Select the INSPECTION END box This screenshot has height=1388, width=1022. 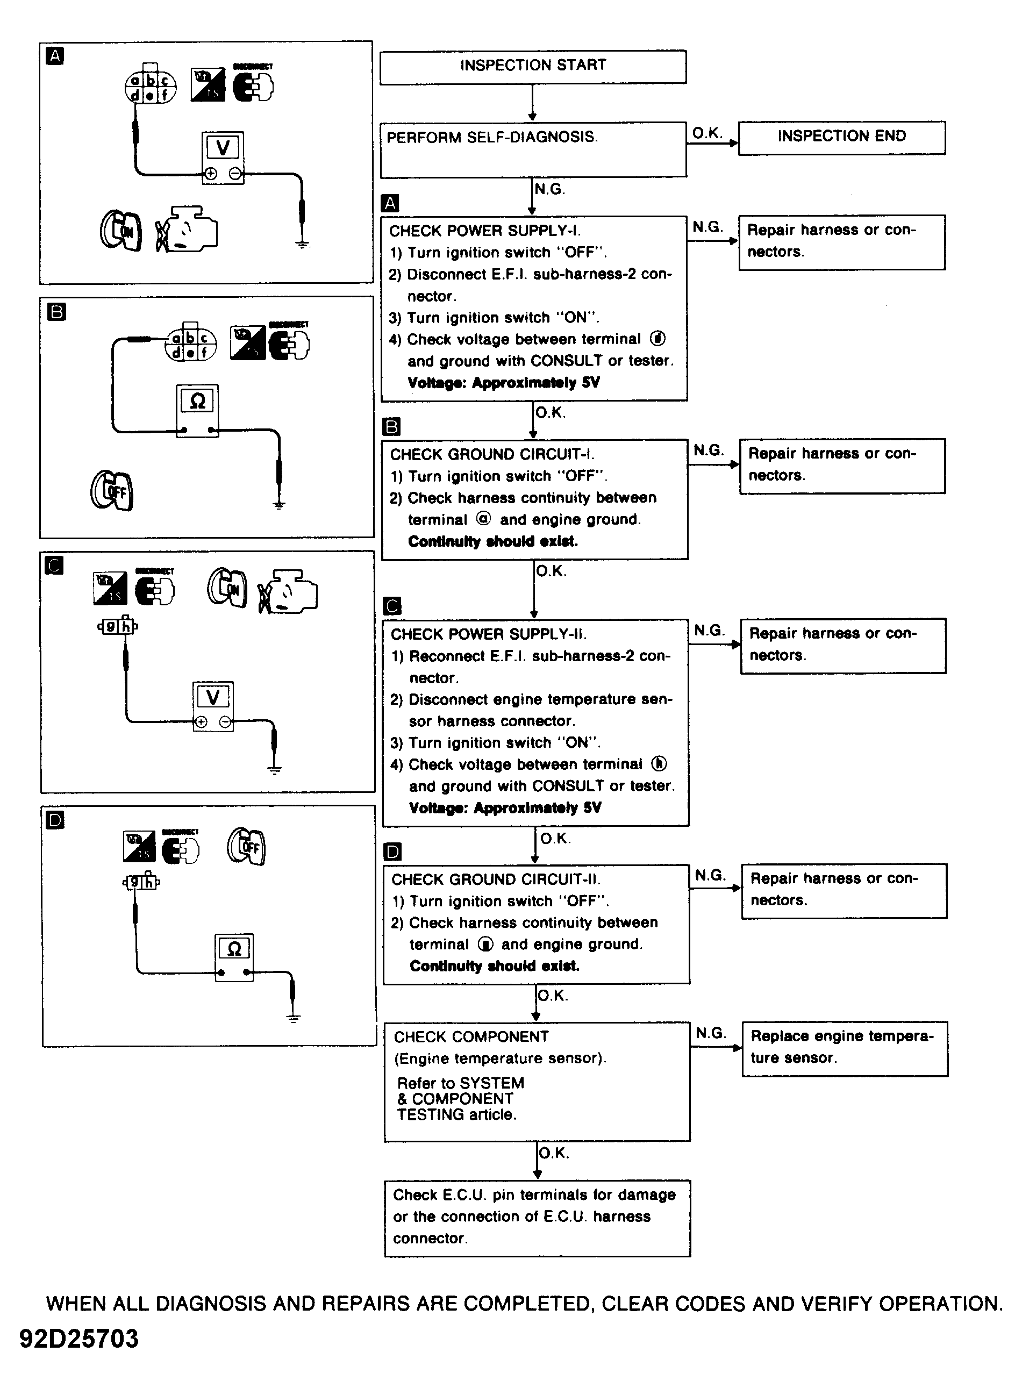point(841,137)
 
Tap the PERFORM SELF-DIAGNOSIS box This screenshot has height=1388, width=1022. point(533,149)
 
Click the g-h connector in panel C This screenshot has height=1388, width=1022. point(118,627)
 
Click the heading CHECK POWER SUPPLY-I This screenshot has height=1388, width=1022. point(484,231)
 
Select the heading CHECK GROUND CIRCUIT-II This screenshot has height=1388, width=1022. point(496,879)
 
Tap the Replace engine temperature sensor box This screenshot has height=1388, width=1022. point(845,1048)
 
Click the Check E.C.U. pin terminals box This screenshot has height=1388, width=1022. point(537,1217)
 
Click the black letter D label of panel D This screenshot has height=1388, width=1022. point(55,820)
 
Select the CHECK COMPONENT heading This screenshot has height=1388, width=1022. point(471,1036)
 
